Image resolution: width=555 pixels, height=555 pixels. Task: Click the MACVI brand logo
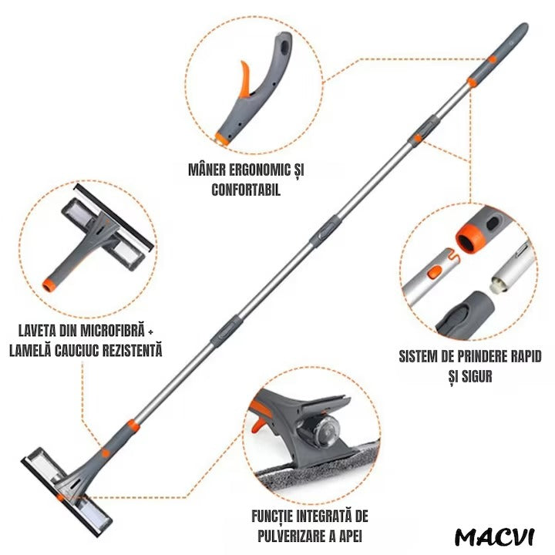tap(494, 537)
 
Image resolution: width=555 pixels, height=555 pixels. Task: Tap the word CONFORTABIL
tap(246, 190)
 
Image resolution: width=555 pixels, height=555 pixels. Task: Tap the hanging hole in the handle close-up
tap(284, 46)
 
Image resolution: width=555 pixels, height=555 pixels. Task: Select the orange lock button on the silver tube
tap(435, 272)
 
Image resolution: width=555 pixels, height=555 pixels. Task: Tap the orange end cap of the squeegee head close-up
tap(49, 284)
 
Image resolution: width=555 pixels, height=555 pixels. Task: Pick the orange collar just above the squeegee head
tap(133, 426)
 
